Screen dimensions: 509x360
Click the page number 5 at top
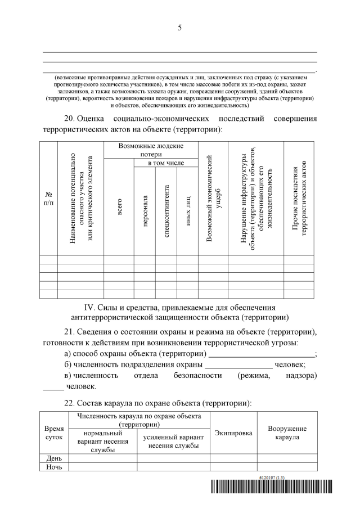(x=179, y=29)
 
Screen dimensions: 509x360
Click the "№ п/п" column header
(x=49, y=199)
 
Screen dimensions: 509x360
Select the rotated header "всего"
(x=119, y=206)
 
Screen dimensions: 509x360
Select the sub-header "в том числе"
(x=166, y=163)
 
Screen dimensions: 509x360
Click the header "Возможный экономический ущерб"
(x=213, y=199)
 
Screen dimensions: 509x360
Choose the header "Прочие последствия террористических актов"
(x=298, y=199)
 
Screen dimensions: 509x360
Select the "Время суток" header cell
(x=54, y=433)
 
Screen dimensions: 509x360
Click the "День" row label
(x=54, y=458)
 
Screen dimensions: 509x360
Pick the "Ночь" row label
(x=54, y=467)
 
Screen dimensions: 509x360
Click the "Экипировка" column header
(x=233, y=433)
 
